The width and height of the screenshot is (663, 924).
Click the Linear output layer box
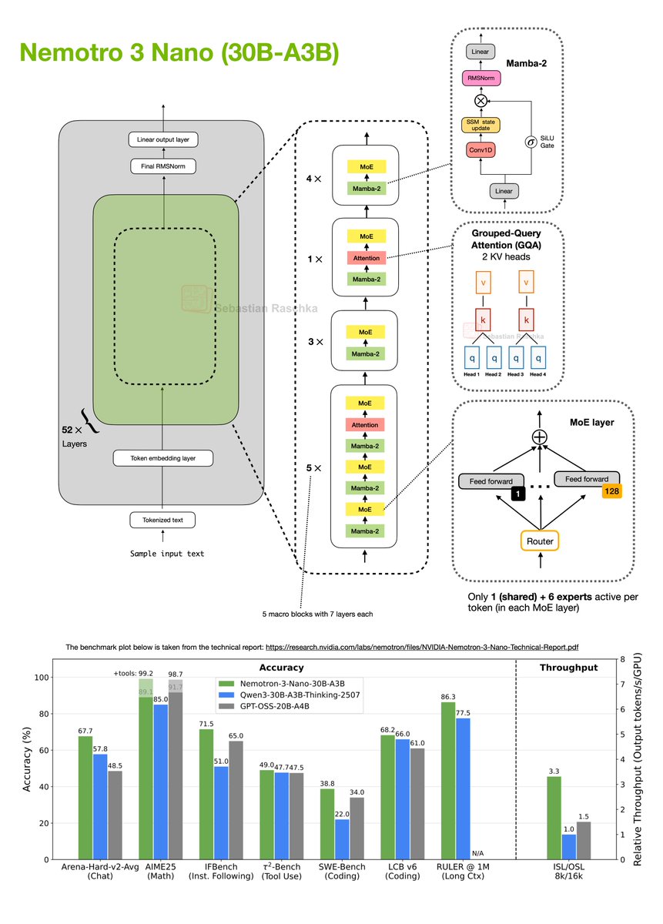coord(162,139)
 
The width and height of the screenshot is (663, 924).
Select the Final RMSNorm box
coord(162,166)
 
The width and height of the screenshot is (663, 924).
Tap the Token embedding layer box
coord(162,458)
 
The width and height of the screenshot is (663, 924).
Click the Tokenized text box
coord(162,521)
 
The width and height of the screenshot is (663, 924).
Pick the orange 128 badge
coord(612,490)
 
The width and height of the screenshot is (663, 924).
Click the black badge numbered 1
coord(518,490)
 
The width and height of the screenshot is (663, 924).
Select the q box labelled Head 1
coord(472,358)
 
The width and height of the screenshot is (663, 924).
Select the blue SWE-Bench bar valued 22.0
coord(341,839)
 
